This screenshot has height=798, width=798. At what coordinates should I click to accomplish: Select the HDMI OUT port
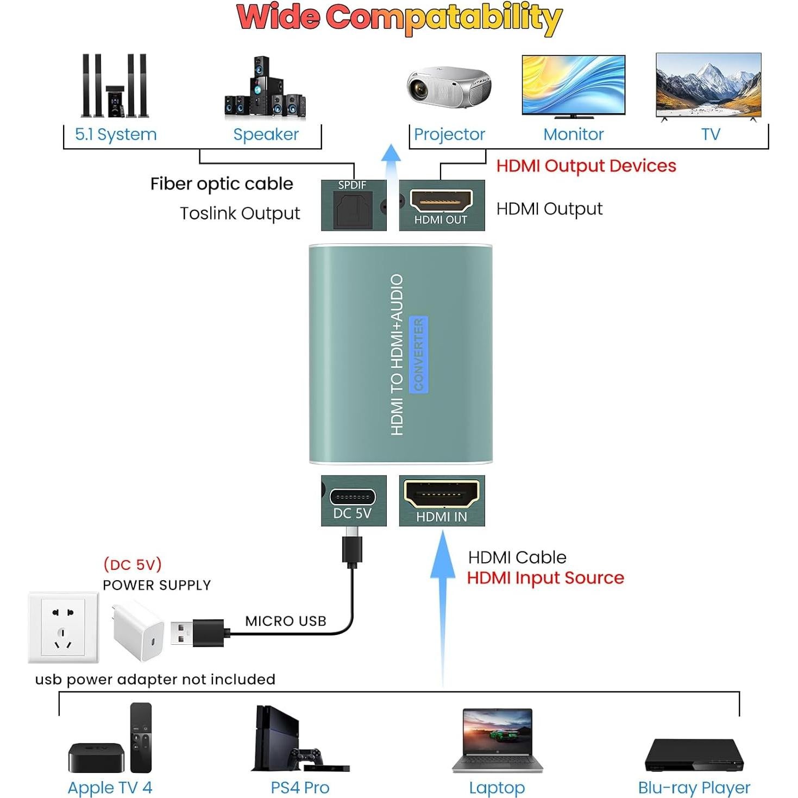[441, 202]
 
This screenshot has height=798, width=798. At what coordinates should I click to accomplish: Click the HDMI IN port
[441, 494]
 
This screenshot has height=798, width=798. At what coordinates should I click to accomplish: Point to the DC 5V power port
[353, 497]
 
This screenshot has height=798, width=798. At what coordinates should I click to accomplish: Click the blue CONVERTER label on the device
[418, 354]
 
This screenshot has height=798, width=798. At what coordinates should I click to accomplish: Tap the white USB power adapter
[139, 630]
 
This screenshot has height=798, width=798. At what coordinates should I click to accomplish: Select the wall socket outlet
[64, 627]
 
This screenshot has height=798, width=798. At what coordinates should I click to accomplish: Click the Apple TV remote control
[141, 737]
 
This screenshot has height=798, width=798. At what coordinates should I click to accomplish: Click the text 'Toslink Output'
[240, 213]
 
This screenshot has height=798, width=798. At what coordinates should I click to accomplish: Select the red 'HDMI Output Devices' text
[586, 166]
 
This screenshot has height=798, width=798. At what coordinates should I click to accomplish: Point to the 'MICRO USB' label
[285, 621]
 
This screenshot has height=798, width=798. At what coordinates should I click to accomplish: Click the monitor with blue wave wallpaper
[573, 85]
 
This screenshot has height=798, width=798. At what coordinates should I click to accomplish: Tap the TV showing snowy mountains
[708, 85]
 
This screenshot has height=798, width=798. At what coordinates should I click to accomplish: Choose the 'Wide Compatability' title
[399, 18]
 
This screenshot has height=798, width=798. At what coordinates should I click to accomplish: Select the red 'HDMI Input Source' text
[545, 577]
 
